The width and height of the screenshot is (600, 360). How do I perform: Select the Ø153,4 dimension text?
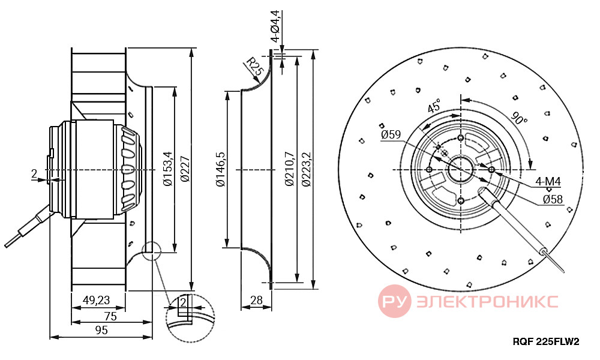click(x=169, y=169)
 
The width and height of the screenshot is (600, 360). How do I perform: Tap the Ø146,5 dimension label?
click(x=220, y=169)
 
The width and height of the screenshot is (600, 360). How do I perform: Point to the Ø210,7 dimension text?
click(x=290, y=169)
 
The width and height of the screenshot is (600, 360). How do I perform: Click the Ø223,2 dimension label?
click(x=306, y=169)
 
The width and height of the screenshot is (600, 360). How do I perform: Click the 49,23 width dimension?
click(x=97, y=301)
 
